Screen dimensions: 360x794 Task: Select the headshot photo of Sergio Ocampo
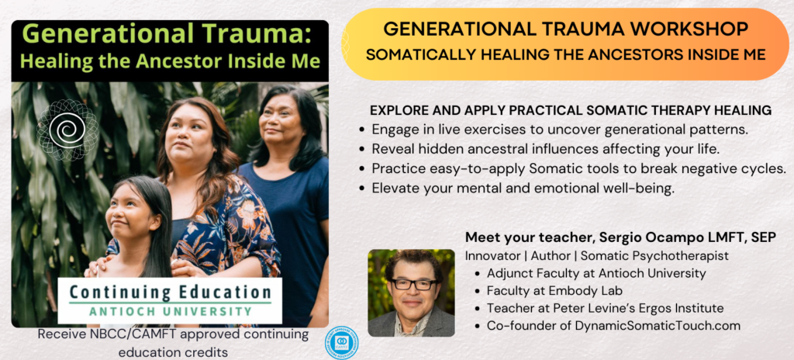coord(411,292)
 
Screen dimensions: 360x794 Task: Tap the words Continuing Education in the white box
coord(169,293)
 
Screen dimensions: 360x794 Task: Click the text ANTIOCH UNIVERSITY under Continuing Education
coord(169,312)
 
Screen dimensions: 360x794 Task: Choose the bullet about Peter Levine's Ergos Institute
coord(605,308)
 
